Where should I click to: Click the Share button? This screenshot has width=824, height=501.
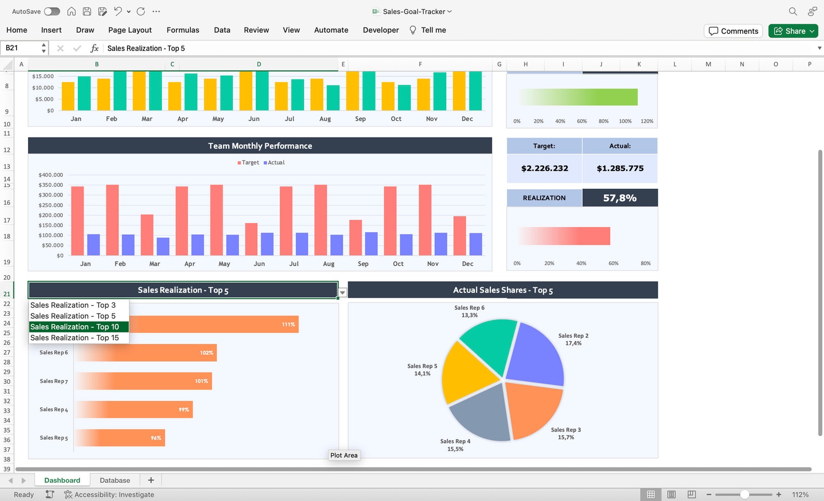pos(793,31)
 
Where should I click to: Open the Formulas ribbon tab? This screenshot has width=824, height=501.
pos(183,30)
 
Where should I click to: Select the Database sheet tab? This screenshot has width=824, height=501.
pos(115,480)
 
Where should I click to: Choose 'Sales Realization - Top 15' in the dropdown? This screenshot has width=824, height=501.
pos(75,338)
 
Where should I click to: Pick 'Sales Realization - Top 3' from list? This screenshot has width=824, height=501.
pos(73,305)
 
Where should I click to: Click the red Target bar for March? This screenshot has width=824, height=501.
pos(147,234)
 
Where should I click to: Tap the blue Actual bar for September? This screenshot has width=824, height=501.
pos(371,244)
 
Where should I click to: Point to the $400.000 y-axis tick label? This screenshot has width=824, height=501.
pos(50,175)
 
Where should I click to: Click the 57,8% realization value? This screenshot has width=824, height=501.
pos(620,198)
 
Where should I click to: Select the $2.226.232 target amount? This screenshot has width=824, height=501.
pos(544,168)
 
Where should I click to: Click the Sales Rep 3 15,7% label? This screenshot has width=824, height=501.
pos(566,434)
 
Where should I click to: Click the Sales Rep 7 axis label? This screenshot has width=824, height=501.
pos(53,381)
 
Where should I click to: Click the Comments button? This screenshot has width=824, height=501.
pos(733,31)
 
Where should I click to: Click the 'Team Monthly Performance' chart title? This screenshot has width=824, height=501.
pos(260,146)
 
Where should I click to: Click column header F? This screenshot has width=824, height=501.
pos(420,64)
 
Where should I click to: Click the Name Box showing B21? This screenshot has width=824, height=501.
pos(21,48)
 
